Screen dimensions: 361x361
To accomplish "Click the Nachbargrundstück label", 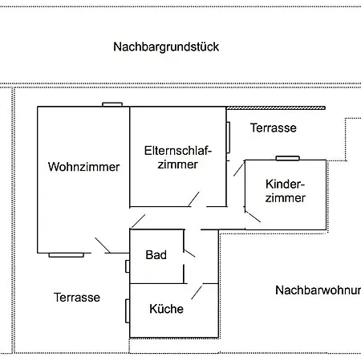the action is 166,47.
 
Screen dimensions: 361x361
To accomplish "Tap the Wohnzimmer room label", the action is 83,167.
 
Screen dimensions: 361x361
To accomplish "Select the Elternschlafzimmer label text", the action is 178,157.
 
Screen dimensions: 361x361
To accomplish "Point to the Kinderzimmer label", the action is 285,191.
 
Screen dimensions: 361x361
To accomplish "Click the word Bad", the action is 156,254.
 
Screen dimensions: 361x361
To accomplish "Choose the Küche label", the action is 166,309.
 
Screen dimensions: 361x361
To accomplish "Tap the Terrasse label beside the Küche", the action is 77,298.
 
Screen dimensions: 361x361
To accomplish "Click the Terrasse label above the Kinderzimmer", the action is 274,128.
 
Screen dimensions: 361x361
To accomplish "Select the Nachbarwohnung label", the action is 318,290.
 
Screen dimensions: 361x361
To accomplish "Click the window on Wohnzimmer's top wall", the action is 112,104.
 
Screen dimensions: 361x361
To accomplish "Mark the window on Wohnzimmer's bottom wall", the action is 66,255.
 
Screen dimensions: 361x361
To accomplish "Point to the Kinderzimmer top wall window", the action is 287,158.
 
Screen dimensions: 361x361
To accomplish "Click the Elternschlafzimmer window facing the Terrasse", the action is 228,137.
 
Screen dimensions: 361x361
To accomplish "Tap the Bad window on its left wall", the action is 128,266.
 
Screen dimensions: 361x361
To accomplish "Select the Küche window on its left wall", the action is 128,311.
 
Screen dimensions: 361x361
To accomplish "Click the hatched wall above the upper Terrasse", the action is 276,108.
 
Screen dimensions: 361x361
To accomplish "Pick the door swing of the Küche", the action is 197,292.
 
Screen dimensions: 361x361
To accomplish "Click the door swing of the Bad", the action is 189,254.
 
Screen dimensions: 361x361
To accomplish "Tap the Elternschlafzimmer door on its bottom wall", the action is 194,199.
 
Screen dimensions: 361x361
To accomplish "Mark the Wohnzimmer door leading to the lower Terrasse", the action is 103,245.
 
